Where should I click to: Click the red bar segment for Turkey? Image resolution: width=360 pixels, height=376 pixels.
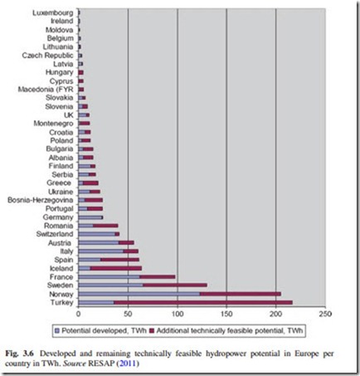tap(203, 303)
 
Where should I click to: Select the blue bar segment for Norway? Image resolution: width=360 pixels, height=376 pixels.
tap(139, 294)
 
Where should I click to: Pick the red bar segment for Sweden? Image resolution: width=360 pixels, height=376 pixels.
tap(175, 286)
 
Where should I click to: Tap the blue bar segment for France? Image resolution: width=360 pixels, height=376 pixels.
tap(109, 277)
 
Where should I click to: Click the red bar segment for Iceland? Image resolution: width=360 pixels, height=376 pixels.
tap(116, 268)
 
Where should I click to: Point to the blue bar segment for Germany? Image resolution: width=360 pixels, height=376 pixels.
tap(90, 217)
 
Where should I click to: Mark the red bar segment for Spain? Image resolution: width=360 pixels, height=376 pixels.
tap(119, 260)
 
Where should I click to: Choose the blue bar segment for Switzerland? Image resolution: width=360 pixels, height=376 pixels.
tap(97, 234)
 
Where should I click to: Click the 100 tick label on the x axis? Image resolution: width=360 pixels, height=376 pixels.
tap(178, 314)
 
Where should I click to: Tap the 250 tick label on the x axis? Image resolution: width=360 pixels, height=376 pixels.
tap(325, 314)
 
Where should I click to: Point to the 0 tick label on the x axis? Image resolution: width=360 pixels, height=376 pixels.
tap(79, 314)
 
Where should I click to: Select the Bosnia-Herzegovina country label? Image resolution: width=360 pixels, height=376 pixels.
tap(41, 200)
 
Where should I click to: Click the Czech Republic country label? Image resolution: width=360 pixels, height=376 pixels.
tap(47, 56)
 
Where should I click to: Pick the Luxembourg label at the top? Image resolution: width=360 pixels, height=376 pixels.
tap(53, 12)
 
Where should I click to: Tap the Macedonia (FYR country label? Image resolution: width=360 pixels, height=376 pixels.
tap(46, 90)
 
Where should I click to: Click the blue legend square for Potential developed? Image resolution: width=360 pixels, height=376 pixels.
tap(57, 330)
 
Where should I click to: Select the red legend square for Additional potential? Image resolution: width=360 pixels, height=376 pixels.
tap(151, 330)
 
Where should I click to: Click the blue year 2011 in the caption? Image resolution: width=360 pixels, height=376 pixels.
tap(128, 363)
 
